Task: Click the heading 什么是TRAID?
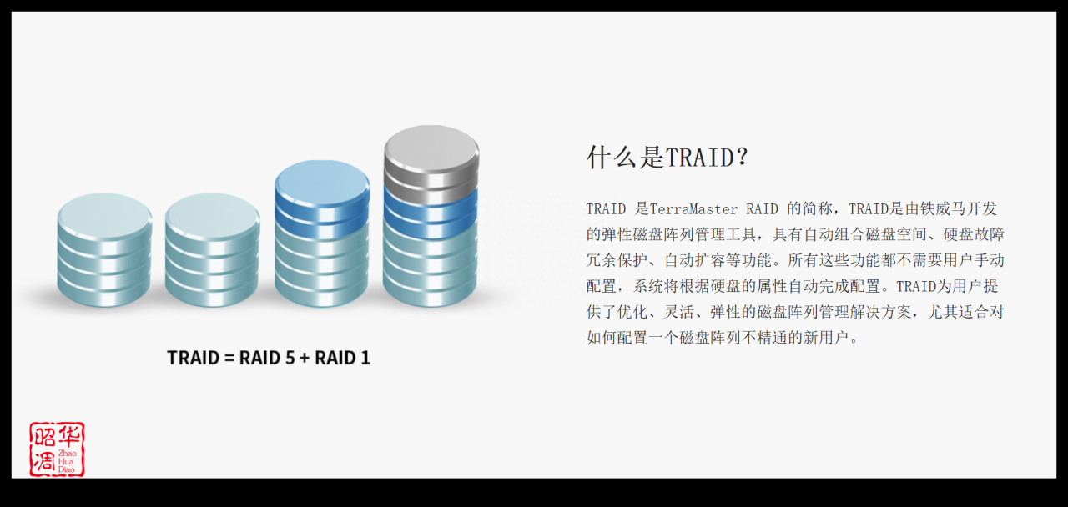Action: coord(667,157)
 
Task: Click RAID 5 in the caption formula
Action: coord(266,358)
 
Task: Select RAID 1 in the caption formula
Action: coord(342,358)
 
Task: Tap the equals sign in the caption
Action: coord(229,358)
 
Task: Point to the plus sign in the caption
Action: coord(304,358)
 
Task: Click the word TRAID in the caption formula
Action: coord(193,358)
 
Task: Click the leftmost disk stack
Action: coord(104,250)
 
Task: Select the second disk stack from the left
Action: coord(212,250)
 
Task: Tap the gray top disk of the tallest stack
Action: coord(431,154)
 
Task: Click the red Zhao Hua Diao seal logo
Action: coord(57,449)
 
